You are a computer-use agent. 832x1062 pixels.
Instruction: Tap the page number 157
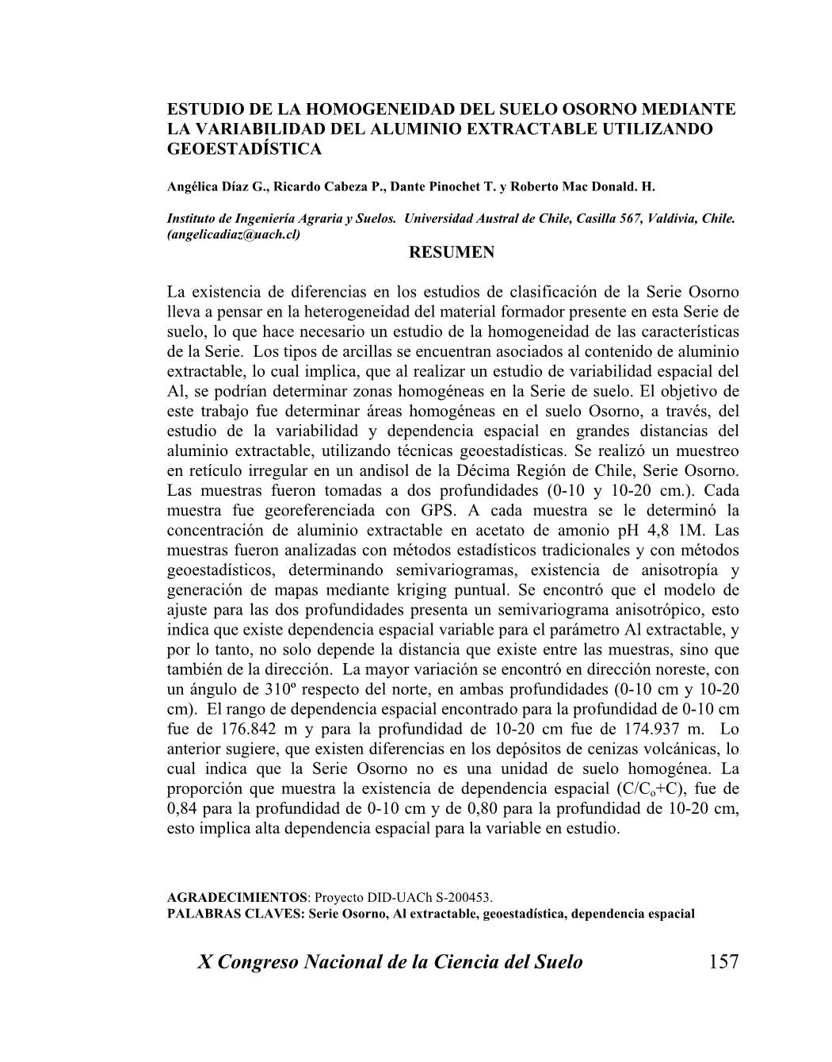point(723,962)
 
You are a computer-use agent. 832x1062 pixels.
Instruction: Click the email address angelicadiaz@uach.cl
point(234,235)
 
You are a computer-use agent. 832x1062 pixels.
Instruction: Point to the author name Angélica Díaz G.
point(216,187)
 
